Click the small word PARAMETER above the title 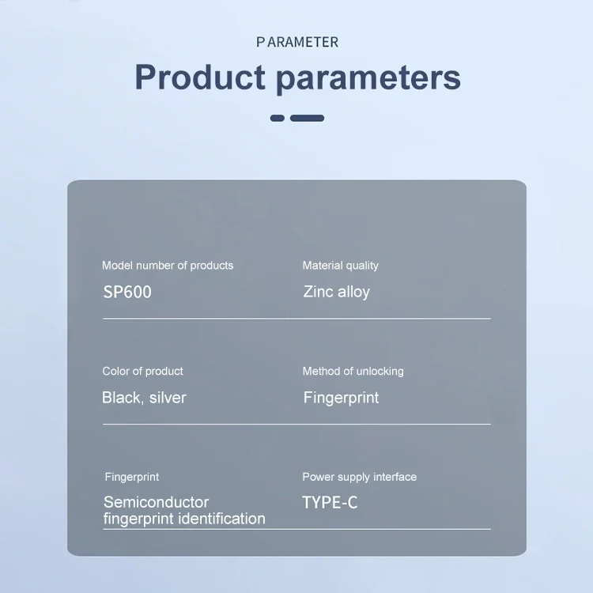click(297, 42)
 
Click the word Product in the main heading click(200, 77)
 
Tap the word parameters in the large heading click(368, 78)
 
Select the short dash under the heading click(278, 118)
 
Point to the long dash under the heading click(307, 118)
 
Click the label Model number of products click(168, 266)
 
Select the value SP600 click(127, 292)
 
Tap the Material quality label click(340, 266)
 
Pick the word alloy click(353, 292)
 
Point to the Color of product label click(142, 372)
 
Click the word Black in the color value click(123, 398)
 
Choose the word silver click(168, 398)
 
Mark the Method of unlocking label click(353, 372)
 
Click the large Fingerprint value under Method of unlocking click(341, 398)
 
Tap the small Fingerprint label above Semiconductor click(131, 478)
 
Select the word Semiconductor click(157, 502)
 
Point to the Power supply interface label click(359, 478)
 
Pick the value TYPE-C click(330, 503)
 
